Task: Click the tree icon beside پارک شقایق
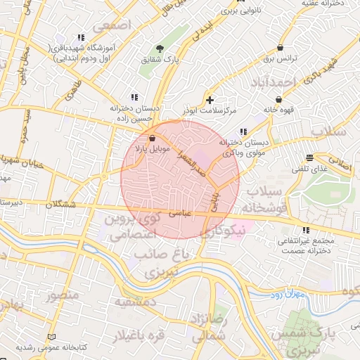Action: [160, 49]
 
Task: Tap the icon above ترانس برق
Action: [281, 47]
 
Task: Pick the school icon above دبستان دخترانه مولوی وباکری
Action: [243, 131]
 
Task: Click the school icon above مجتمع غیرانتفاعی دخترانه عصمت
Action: [304, 230]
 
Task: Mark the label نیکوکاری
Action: [221, 231]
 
